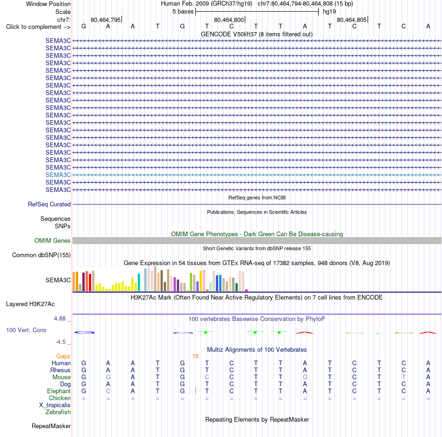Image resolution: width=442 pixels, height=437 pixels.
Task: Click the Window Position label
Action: (x=48, y=4)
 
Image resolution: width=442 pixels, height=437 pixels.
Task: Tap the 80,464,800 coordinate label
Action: (x=229, y=20)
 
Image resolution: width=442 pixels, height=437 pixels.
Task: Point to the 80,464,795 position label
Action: (x=106, y=20)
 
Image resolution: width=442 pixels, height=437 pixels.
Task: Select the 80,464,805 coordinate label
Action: (x=352, y=20)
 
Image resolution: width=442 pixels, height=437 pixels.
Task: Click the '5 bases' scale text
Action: (x=183, y=12)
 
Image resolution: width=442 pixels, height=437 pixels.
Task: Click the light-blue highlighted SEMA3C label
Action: (x=58, y=175)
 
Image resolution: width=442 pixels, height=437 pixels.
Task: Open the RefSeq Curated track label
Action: (x=49, y=204)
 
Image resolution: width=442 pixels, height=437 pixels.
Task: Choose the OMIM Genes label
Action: (x=53, y=240)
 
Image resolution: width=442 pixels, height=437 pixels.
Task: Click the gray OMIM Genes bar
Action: (x=257, y=240)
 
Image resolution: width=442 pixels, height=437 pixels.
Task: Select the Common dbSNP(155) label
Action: (x=41, y=255)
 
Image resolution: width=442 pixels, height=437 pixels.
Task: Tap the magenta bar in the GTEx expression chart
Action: (x=247, y=290)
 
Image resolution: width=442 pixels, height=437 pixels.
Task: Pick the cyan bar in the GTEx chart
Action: (x=139, y=282)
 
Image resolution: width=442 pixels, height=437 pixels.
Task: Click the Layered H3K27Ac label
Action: (x=30, y=304)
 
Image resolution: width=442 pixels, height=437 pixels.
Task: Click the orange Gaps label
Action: (x=63, y=356)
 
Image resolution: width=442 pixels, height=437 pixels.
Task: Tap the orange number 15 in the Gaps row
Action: (x=195, y=356)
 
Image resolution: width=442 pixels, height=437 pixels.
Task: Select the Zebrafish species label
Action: (x=58, y=412)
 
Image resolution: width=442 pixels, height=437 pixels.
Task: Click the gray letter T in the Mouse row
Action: (x=404, y=377)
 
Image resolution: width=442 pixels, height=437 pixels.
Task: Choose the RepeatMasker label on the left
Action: (x=51, y=426)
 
